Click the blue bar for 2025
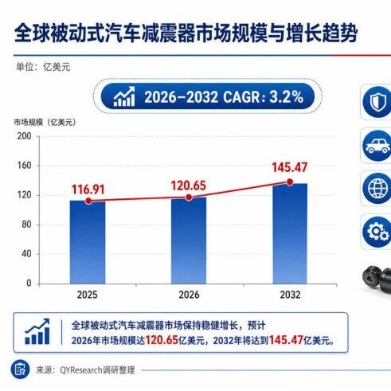click(x=88, y=242)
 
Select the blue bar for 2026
click(x=189, y=240)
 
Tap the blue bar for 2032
click(x=290, y=233)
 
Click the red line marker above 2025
click(x=88, y=201)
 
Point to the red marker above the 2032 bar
click(x=290, y=182)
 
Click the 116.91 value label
click(x=88, y=190)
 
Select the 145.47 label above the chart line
click(x=290, y=167)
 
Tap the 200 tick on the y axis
click(x=24, y=136)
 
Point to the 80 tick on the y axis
click(x=26, y=225)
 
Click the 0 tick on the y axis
click(x=29, y=283)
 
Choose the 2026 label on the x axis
click(x=189, y=295)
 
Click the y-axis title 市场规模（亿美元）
click(x=45, y=123)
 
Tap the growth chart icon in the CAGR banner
click(x=124, y=96)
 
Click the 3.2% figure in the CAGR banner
click(x=287, y=97)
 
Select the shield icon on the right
click(x=377, y=102)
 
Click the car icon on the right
click(x=377, y=146)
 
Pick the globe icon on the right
click(x=377, y=188)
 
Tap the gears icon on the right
click(x=377, y=232)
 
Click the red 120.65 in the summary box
click(x=162, y=340)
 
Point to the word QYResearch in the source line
click(x=81, y=370)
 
